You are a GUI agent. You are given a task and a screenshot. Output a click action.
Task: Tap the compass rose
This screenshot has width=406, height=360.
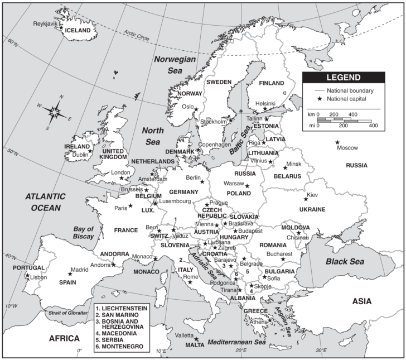point(54,111)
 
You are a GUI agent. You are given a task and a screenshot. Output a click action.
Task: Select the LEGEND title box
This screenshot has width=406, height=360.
point(343,78)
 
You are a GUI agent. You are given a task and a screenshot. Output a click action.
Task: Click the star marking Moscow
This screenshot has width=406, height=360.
point(337,142)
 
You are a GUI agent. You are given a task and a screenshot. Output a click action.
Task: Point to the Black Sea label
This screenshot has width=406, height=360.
point(345,261)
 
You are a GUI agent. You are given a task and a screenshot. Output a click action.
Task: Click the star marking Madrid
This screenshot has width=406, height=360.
point(70,273)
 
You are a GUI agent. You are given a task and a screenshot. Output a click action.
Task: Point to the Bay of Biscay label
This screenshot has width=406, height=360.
point(85,233)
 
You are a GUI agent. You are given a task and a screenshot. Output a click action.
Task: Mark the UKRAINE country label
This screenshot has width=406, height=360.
point(312,209)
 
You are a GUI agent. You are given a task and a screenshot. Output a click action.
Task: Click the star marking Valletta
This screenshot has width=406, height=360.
point(196,338)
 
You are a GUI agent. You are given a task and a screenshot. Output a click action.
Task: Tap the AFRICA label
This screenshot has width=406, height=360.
point(64,338)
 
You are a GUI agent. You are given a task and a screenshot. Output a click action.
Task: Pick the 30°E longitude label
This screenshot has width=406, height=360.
point(321,351)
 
